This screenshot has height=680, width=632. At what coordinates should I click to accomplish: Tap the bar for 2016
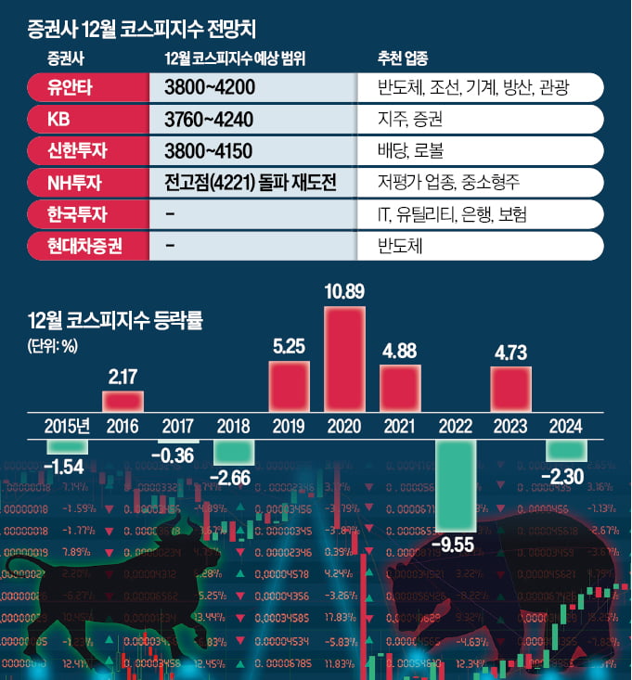(123, 401)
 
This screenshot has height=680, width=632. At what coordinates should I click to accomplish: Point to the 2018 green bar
(234, 452)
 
